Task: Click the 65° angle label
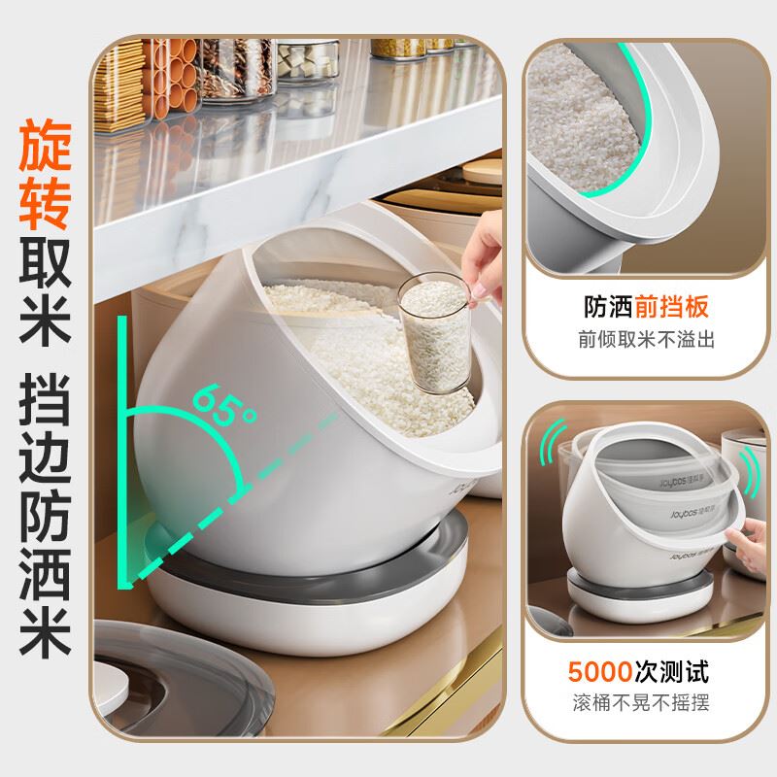click(x=224, y=403)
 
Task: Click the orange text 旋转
click(x=45, y=174)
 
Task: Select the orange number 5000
click(x=600, y=672)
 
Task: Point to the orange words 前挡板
click(x=672, y=307)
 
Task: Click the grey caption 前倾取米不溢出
click(x=646, y=340)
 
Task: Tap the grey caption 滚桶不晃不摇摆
click(x=641, y=702)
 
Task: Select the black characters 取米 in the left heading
click(x=45, y=290)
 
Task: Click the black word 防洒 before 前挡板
click(x=608, y=307)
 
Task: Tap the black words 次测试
click(x=672, y=672)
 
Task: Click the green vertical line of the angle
click(x=122, y=452)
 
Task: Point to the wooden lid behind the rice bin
click(x=482, y=171)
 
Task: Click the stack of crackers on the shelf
click(x=119, y=86)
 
